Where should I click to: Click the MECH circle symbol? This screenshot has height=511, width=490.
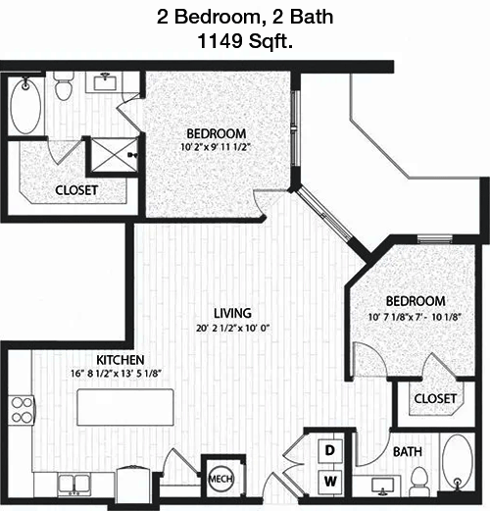220,479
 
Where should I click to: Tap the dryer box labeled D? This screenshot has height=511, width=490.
330,450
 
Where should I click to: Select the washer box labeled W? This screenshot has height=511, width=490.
330,482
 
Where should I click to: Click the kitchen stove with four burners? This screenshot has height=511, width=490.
22,410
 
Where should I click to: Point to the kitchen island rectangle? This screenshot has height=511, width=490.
125,407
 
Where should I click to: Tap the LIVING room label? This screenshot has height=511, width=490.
232,313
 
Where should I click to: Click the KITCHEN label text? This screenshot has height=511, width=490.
121,360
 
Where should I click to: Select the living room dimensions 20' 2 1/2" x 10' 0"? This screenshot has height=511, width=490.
232,328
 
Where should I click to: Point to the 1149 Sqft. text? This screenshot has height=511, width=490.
245,41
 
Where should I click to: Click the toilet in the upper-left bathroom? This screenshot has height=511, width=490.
63,85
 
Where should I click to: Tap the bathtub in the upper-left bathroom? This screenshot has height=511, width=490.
25,105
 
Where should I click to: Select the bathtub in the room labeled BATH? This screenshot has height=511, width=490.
458,462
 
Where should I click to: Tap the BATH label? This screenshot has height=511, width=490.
408,452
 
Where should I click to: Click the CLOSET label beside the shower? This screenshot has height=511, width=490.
76,190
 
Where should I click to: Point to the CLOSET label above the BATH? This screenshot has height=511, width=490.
435,398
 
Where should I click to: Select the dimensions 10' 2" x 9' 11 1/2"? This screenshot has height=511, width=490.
216,147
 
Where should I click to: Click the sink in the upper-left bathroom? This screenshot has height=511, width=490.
105,81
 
